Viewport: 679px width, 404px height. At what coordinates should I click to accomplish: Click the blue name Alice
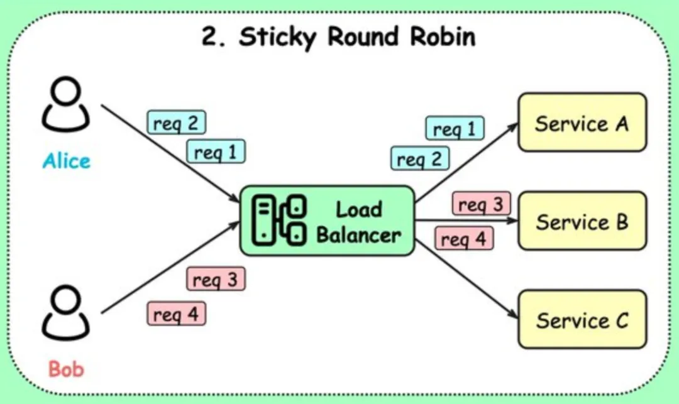(66, 161)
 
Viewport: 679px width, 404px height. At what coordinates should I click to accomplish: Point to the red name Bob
(66, 369)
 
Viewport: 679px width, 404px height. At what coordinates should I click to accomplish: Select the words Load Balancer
(358, 222)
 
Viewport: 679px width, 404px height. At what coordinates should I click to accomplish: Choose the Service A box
(582, 123)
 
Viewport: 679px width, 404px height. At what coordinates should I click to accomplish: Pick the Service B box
(582, 221)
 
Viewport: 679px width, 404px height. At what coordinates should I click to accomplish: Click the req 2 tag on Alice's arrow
(176, 123)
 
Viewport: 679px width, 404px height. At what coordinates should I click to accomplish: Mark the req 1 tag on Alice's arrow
(216, 151)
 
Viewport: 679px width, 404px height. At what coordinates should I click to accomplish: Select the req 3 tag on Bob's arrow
(216, 279)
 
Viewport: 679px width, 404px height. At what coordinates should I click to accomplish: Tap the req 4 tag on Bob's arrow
(176, 314)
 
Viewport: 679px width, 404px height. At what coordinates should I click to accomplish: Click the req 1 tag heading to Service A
(455, 128)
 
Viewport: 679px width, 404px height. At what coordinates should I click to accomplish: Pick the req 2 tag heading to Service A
(420, 158)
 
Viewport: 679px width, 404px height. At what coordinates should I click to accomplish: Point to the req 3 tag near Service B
(481, 204)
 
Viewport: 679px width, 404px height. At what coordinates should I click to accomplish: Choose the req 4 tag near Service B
(463, 238)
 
